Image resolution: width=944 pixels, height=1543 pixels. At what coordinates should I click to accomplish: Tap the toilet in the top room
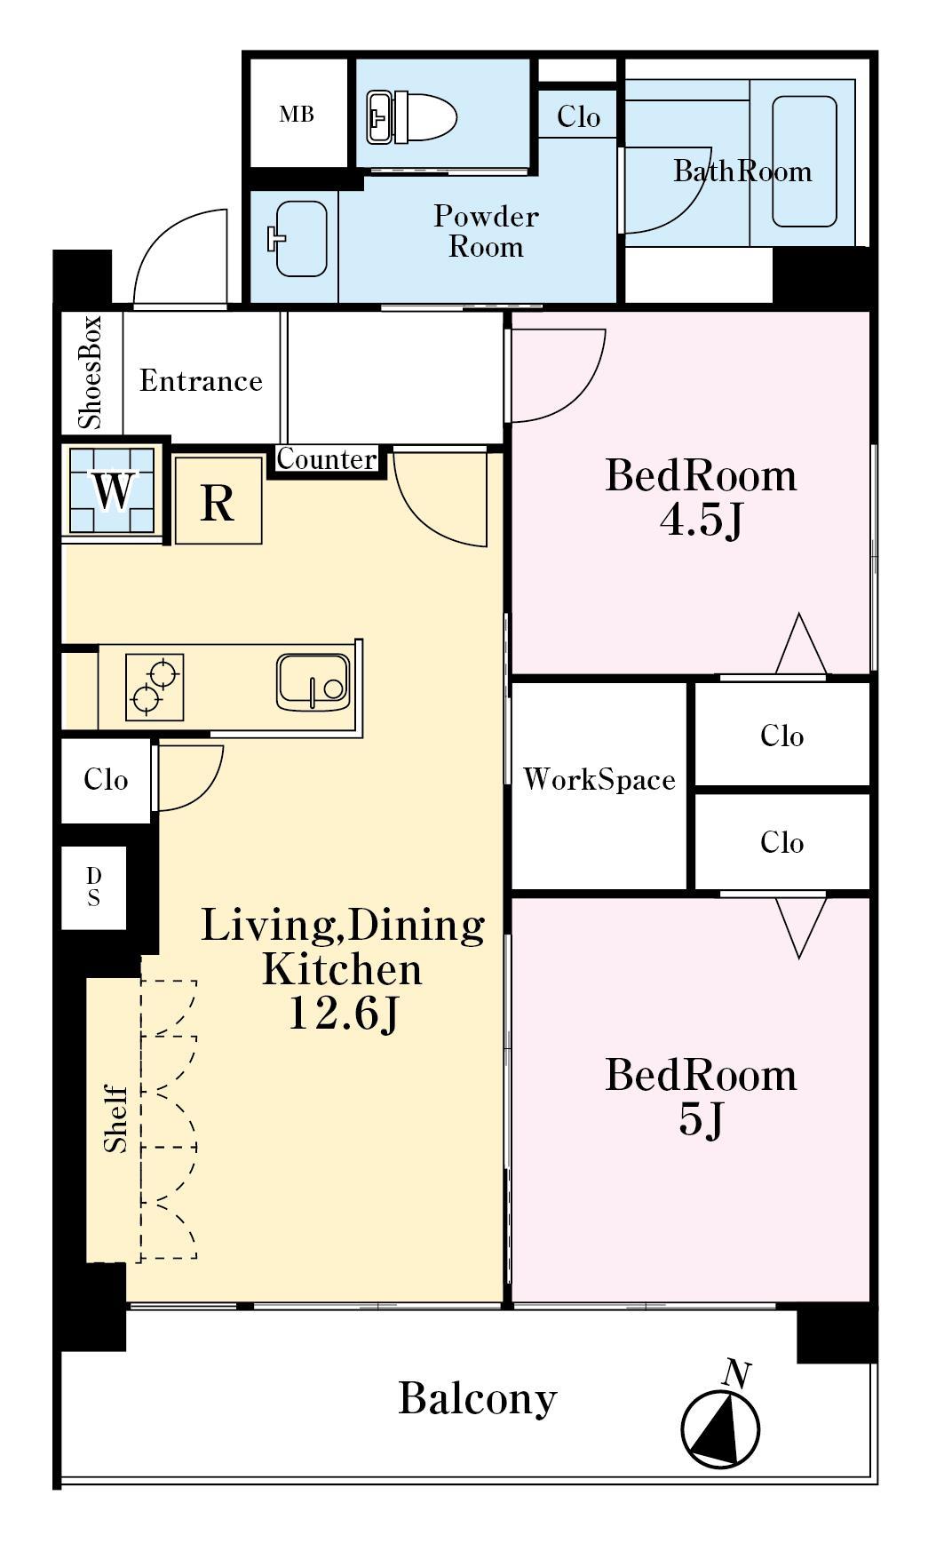411,116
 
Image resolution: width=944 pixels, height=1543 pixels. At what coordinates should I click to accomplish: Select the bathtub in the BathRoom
804,161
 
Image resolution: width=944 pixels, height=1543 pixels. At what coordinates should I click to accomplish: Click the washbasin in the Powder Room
298,239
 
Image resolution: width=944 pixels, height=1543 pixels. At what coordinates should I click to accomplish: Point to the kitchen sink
313,682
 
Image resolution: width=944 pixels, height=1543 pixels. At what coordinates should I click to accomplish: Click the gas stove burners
155,687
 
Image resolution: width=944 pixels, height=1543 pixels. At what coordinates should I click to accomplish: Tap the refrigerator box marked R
218,500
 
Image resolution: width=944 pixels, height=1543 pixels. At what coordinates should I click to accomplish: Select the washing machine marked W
113,490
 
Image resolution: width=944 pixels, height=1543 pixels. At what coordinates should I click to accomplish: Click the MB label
297,115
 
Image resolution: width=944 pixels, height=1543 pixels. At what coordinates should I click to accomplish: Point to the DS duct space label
93,887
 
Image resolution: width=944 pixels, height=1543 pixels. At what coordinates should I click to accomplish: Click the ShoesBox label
91,372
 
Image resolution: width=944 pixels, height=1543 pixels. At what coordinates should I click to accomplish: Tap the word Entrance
201,381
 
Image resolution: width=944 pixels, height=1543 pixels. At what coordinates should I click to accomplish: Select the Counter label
327,459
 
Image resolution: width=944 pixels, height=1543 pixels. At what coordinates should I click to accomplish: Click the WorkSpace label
599,780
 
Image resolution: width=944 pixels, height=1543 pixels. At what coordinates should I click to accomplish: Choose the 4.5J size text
701,520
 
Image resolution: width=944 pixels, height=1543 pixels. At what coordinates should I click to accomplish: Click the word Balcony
477,1398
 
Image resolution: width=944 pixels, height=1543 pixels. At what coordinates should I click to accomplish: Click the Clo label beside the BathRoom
578,116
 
